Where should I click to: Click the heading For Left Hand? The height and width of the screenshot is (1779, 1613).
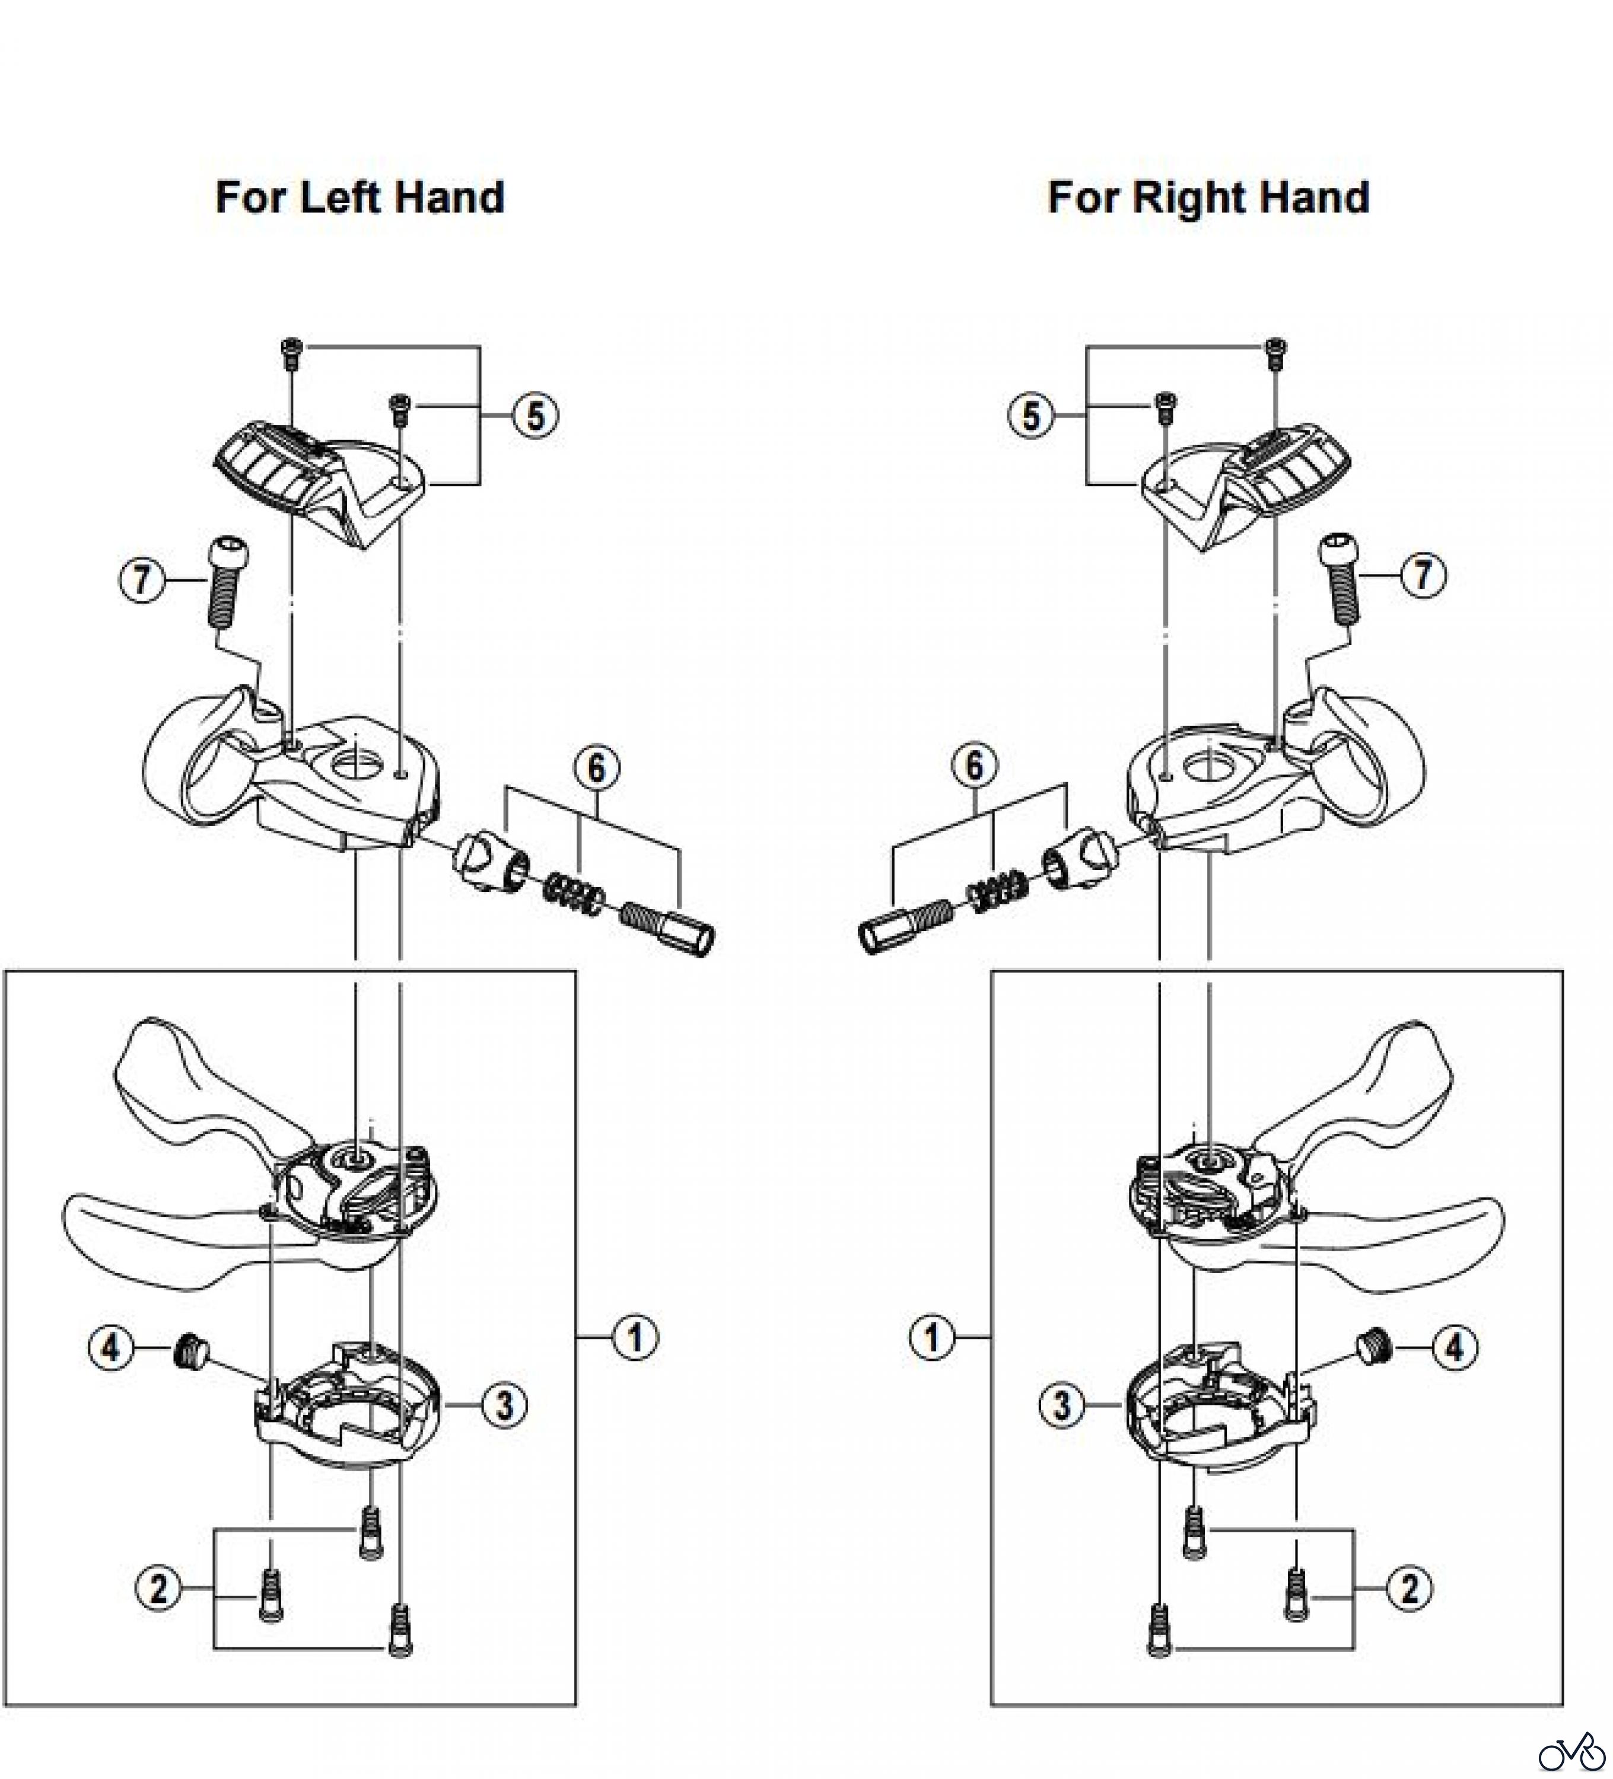point(359,197)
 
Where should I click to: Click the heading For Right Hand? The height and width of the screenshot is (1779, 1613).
point(1208,197)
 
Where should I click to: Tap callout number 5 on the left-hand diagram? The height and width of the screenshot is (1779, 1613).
point(536,415)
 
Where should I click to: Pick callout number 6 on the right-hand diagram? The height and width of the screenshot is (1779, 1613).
point(974,765)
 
